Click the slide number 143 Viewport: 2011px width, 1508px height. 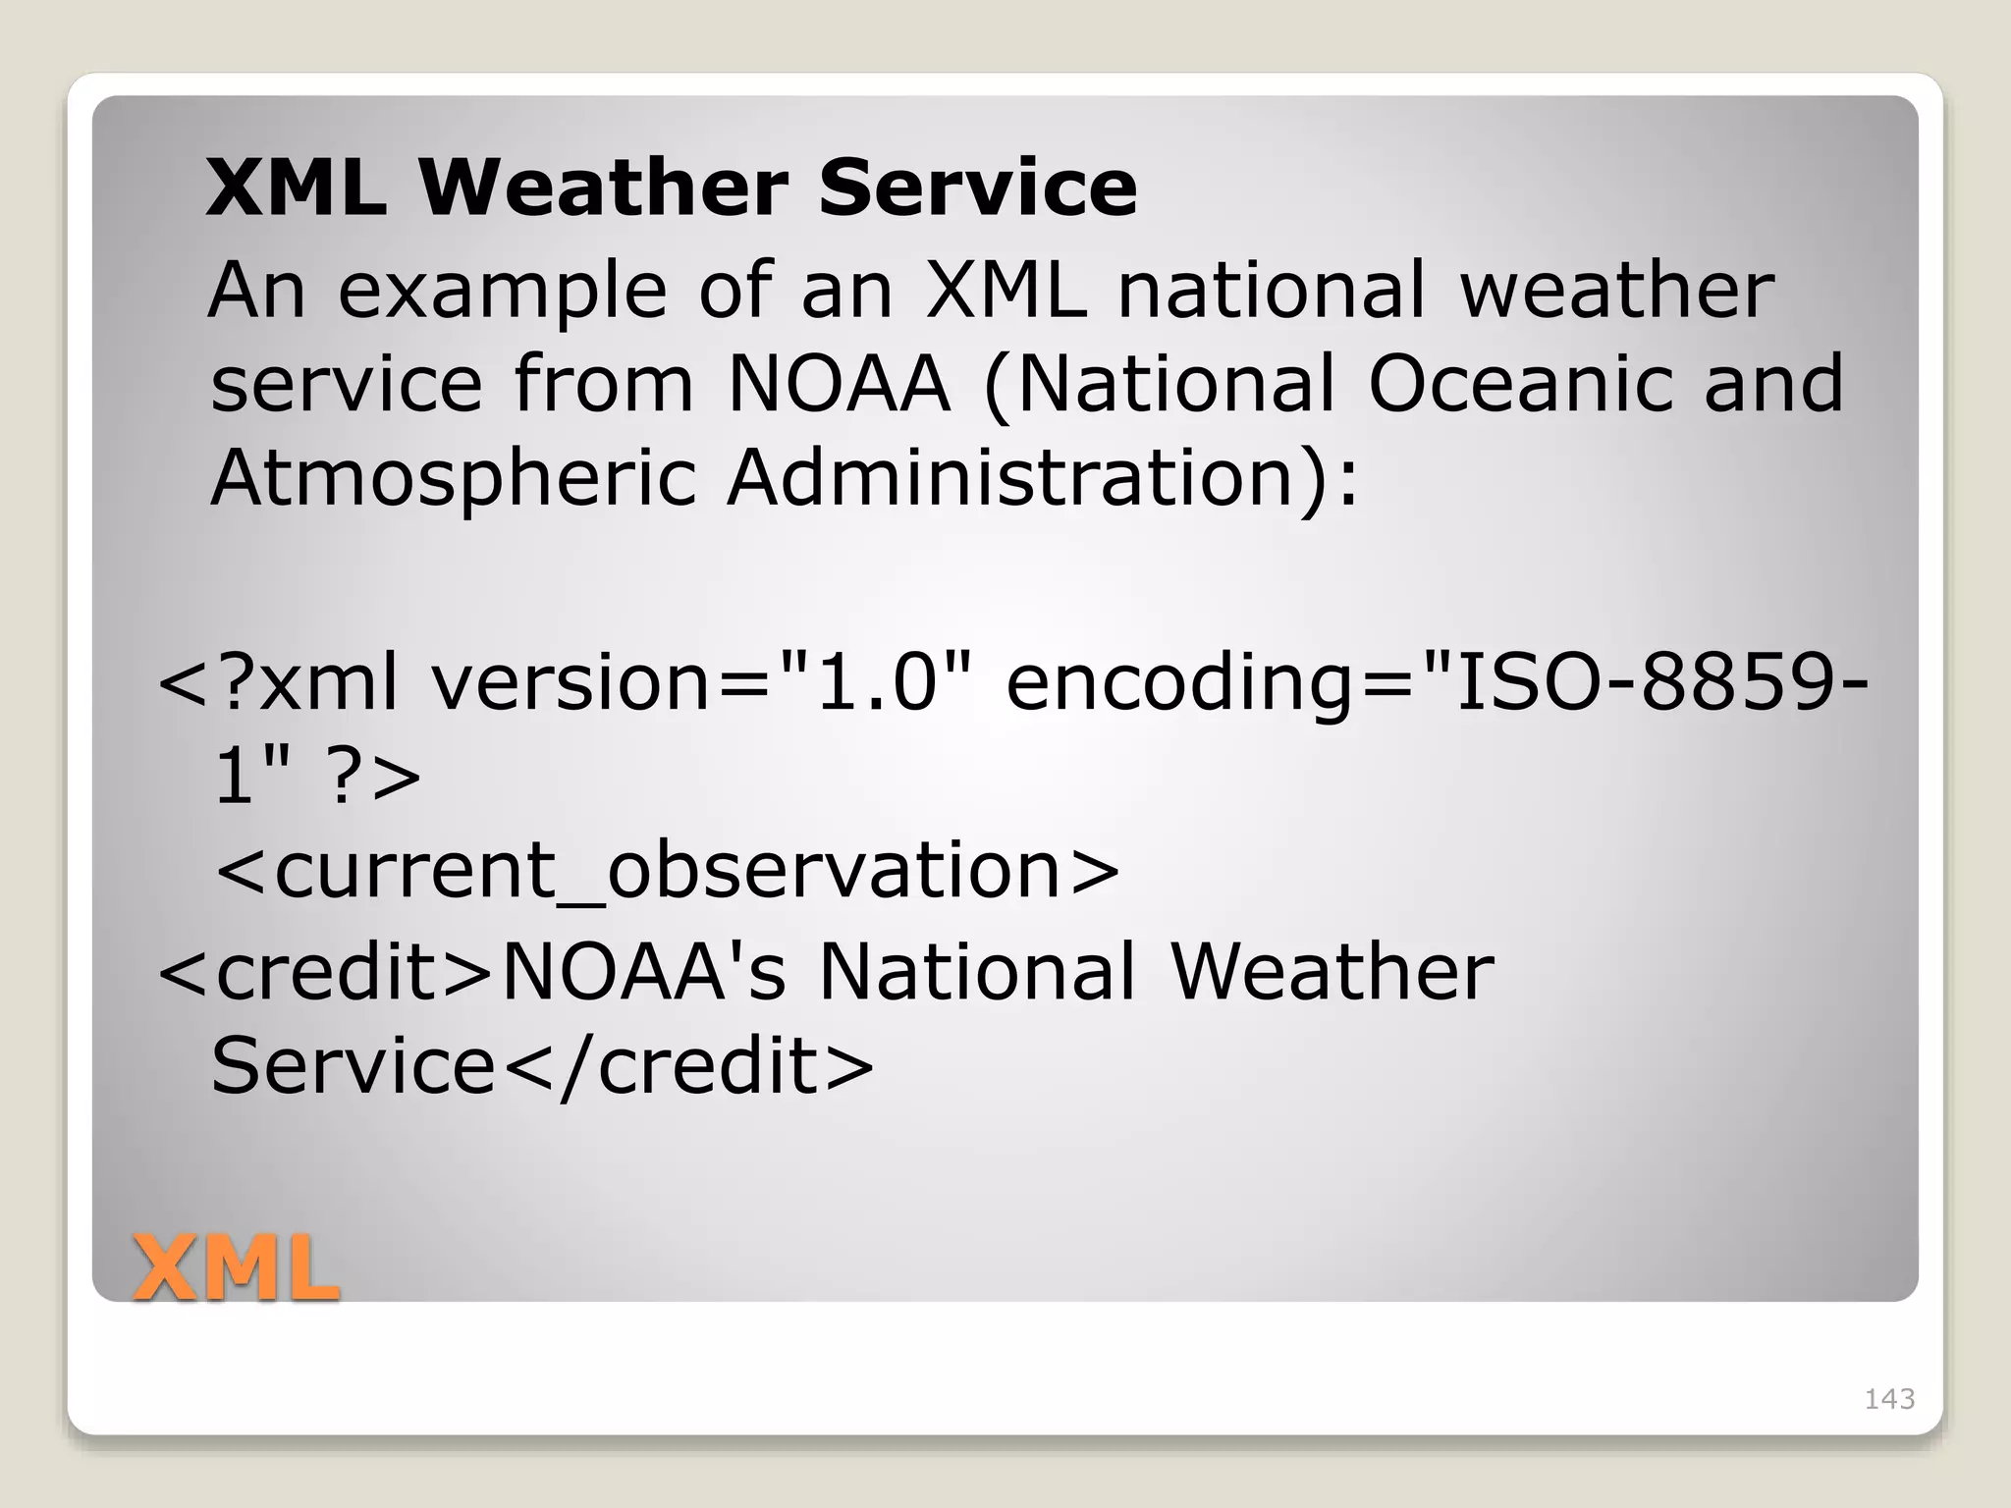click(x=1888, y=1398)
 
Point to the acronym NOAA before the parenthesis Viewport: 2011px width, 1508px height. click(x=840, y=383)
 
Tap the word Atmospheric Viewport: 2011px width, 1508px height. click(x=454, y=478)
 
